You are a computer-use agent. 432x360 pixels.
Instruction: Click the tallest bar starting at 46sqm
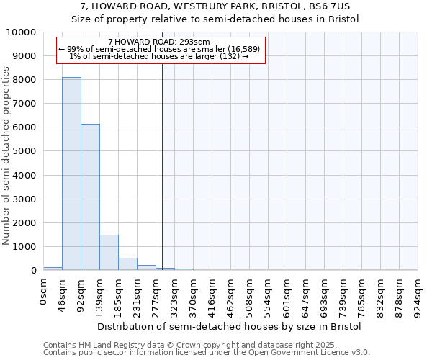[71, 174]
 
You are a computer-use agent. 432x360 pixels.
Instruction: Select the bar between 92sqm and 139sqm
[90, 197]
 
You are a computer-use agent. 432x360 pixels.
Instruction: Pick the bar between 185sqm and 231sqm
[127, 264]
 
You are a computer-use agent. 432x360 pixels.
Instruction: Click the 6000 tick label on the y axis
[24, 127]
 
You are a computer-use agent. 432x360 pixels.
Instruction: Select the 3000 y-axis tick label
[24, 199]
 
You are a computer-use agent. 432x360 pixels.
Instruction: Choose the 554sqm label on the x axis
[269, 295]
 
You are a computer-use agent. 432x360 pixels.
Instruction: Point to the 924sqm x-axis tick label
[418, 295]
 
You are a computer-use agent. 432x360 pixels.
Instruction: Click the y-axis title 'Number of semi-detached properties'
[7, 156]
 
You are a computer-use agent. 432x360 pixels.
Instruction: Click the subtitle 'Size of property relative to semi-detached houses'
[215, 19]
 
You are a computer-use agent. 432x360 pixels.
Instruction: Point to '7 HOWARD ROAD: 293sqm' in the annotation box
[158, 42]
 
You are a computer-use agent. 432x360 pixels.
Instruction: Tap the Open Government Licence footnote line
[207, 353]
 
